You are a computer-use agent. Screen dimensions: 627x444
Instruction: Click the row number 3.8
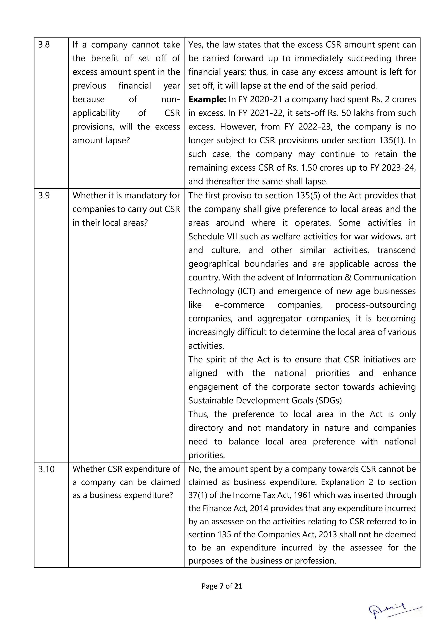(44, 45)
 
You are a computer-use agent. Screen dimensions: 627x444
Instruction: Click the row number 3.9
(44, 196)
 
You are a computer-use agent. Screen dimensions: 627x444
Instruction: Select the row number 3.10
(46, 469)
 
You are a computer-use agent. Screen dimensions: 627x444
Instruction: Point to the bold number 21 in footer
(238, 586)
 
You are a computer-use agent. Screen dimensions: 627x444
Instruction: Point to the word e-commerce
(240, 305)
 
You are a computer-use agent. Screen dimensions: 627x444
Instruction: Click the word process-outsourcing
(375, 305)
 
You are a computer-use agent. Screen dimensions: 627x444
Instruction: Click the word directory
(206, 428)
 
